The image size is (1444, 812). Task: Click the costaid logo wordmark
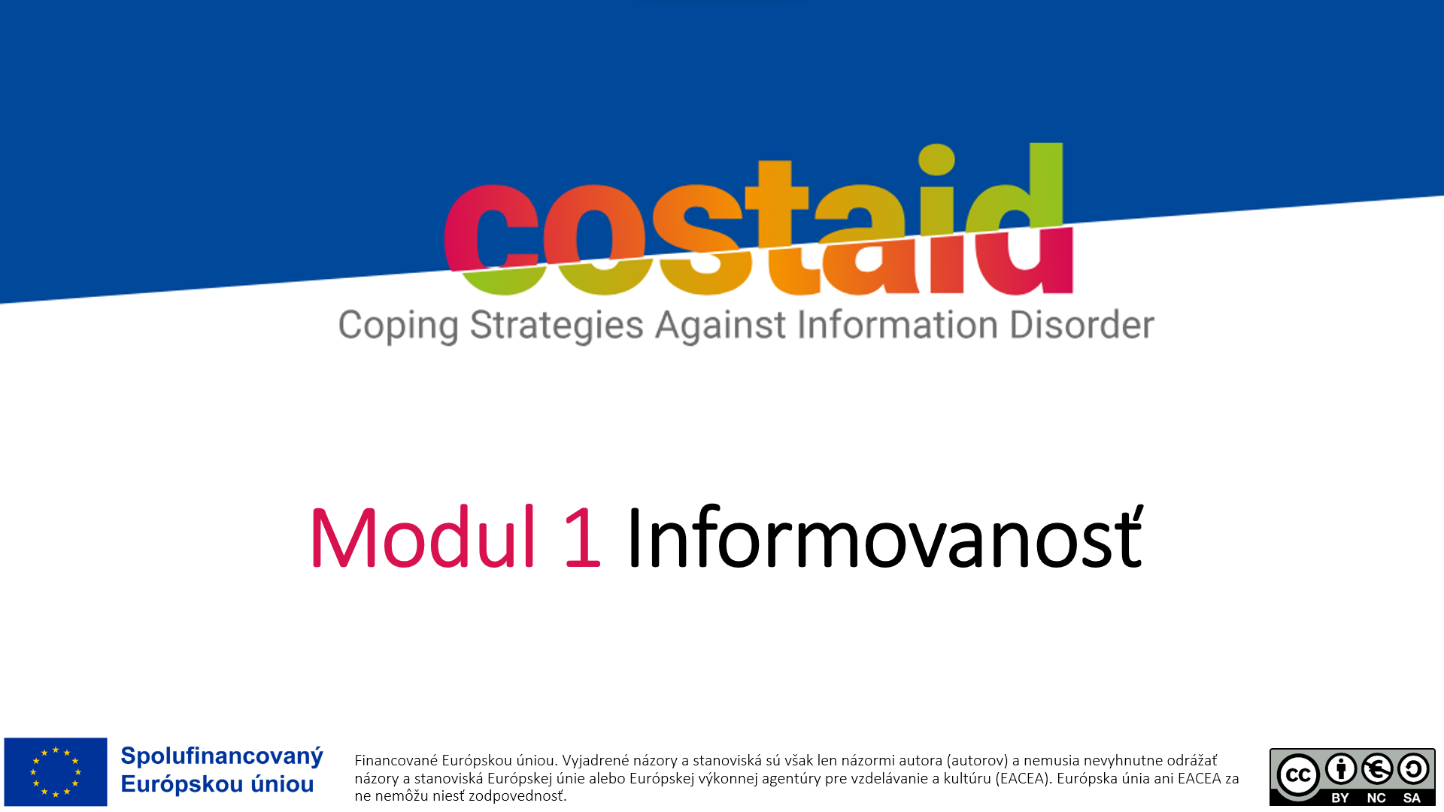[758, 220]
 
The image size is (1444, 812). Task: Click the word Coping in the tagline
[398, 327]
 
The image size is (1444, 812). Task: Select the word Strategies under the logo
[557, 327]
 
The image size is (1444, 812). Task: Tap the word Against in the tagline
[720, 326]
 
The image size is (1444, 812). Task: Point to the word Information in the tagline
[897, 326]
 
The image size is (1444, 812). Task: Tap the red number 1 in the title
[583, 537]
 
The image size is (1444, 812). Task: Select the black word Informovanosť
[884, 537]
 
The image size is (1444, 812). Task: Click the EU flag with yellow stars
[56, 771]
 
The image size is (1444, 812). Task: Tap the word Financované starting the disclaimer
[396, 760]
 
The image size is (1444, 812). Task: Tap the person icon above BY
[1341, 768]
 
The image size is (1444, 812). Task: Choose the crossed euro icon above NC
[1377, 768]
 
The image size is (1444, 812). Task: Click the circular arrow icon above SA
[1413, 768]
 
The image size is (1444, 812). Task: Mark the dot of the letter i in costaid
[936, 159]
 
